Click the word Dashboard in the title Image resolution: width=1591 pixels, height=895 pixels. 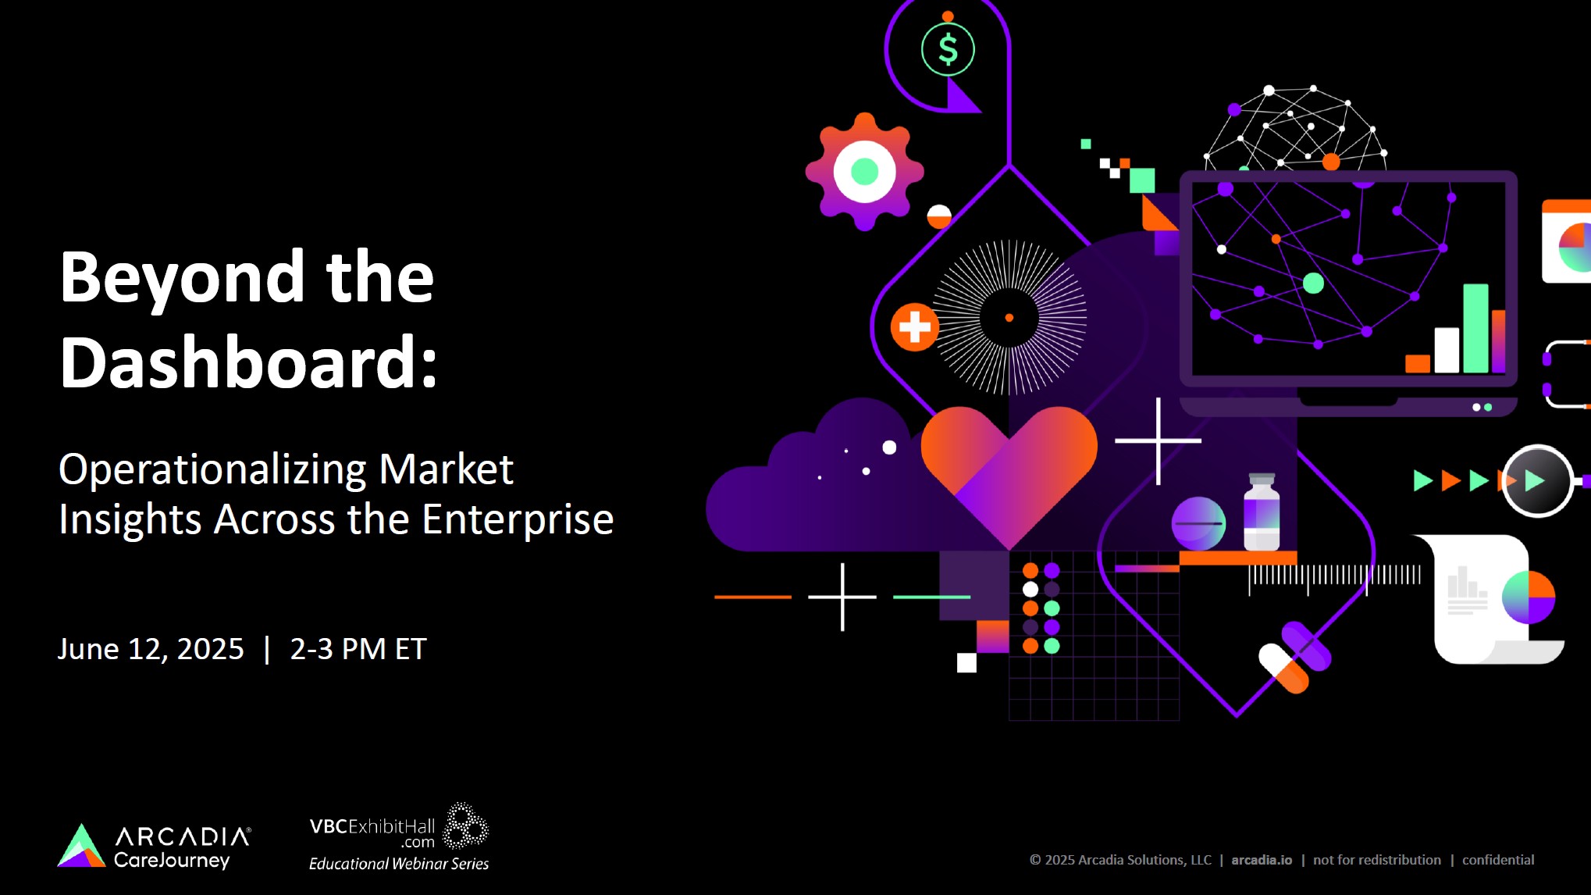[x=243, y=362]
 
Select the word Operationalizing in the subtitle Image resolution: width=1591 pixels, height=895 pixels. [x=212, y=471]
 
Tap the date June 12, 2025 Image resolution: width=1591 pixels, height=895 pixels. [x=151, y=649]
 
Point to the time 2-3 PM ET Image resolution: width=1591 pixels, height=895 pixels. [x=358, y=649]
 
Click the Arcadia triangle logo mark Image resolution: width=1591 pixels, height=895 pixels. [x=81, y=846]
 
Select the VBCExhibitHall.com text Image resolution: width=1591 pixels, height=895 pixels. [x=372, y=832]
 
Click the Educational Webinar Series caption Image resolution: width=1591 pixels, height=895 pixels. [x=399, y=864]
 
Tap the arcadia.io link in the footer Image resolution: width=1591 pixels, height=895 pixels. [x=1262, y=860]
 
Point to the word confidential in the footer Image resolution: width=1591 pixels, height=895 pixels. [x=1498, y=860]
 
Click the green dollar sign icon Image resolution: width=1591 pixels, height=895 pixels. [x=948, y=49]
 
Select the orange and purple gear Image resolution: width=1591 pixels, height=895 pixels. [x=864, y=171]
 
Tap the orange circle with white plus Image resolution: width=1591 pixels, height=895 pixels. [x=914, y=327]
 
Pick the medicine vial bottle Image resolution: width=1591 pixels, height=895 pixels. [x=1262, y=512]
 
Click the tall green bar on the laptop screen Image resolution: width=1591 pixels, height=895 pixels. [x=1475, y=328]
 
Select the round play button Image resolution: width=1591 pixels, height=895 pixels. [x=1536, y=481]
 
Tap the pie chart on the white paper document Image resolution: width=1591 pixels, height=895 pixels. [x=1529, y=597]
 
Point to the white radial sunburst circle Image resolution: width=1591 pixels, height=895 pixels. [x=1009, y=317]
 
